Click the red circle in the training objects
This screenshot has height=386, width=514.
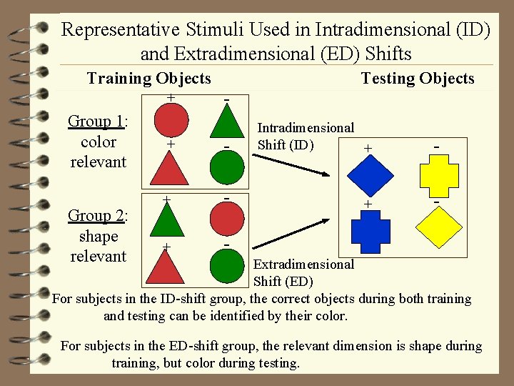coord(169,121)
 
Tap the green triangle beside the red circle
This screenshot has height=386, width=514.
coord(226,122)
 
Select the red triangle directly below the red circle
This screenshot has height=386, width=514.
coord(169,169)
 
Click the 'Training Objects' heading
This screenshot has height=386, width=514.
coord(148,79)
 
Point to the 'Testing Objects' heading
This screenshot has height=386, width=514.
coord(418,79)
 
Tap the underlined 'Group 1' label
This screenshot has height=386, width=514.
coord(96,122)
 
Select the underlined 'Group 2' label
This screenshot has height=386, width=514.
coord(96,215)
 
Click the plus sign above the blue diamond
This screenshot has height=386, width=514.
coord(368,148)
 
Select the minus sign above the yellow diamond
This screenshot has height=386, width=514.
coord(435,202)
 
